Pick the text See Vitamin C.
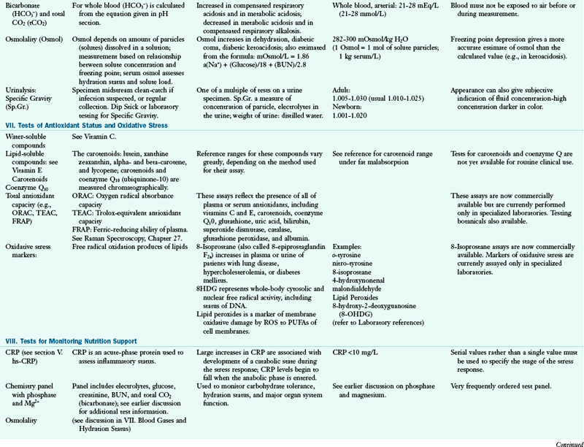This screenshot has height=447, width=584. click(x=92, y=136)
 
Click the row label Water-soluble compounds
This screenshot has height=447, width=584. click(x=29, y=140)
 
